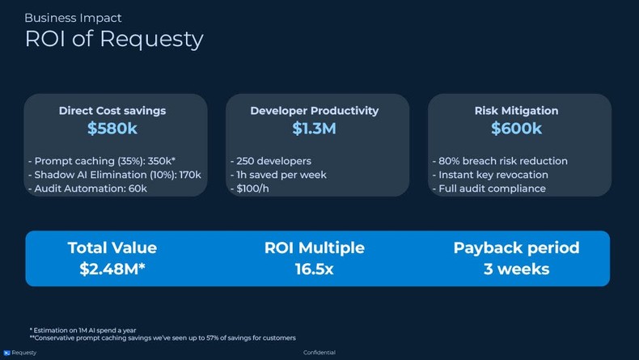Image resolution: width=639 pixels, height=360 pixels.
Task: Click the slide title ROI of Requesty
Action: coord(113,39)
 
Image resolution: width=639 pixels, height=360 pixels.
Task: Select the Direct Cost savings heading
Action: coord(112,111)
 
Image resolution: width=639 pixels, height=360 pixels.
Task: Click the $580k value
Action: coord(112,129)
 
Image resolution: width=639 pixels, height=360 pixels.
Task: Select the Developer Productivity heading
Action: coord(314,111)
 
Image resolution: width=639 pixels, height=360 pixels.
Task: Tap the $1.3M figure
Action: coord(314,129)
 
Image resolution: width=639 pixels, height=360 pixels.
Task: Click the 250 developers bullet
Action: coord(271,161)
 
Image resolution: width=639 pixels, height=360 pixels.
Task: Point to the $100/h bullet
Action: coord(253,188)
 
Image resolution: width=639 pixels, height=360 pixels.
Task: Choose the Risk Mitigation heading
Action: coord(516,111)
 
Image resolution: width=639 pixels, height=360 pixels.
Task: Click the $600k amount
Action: coord(516,129)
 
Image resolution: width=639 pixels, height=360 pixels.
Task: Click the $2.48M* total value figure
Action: coord(112,269)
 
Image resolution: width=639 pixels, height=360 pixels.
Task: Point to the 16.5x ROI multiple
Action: coord(314,269)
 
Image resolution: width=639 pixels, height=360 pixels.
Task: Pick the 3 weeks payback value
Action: coord(516,269)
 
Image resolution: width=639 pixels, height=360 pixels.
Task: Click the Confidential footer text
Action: coord(319,353)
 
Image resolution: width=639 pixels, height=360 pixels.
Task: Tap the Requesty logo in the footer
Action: coord(7,353)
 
